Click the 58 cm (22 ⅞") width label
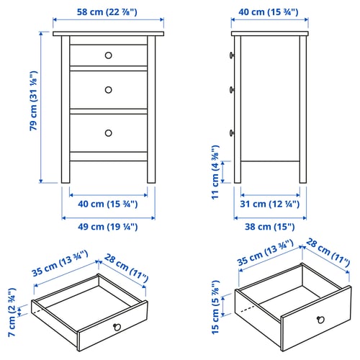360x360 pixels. pos(108,13)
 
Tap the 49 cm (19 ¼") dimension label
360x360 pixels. pos(108,227)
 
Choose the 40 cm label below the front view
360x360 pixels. pos(108,204)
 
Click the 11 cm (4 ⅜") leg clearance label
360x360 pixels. pos(217,171)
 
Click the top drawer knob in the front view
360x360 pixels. pos(108,55)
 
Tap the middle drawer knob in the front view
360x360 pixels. pos(108,90)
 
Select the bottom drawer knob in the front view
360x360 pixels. pos(108,132)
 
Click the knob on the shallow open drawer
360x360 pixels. pos(115,327)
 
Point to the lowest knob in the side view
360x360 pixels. pos(233,132)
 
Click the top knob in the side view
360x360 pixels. pos(233,55)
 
